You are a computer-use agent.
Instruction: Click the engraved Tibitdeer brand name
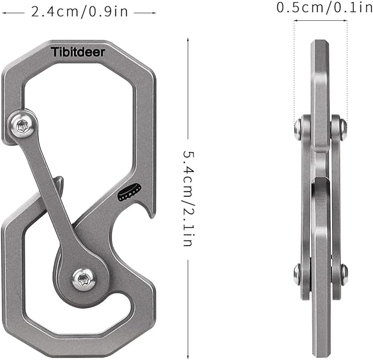(x=81, y=52)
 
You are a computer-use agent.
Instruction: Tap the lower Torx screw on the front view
(x=83, y=280)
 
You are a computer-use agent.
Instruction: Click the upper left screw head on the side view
(x=298, y=128)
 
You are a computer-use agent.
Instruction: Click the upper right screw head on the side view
(x=342, y=128)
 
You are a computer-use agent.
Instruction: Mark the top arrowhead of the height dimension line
(x=188, y=40)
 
